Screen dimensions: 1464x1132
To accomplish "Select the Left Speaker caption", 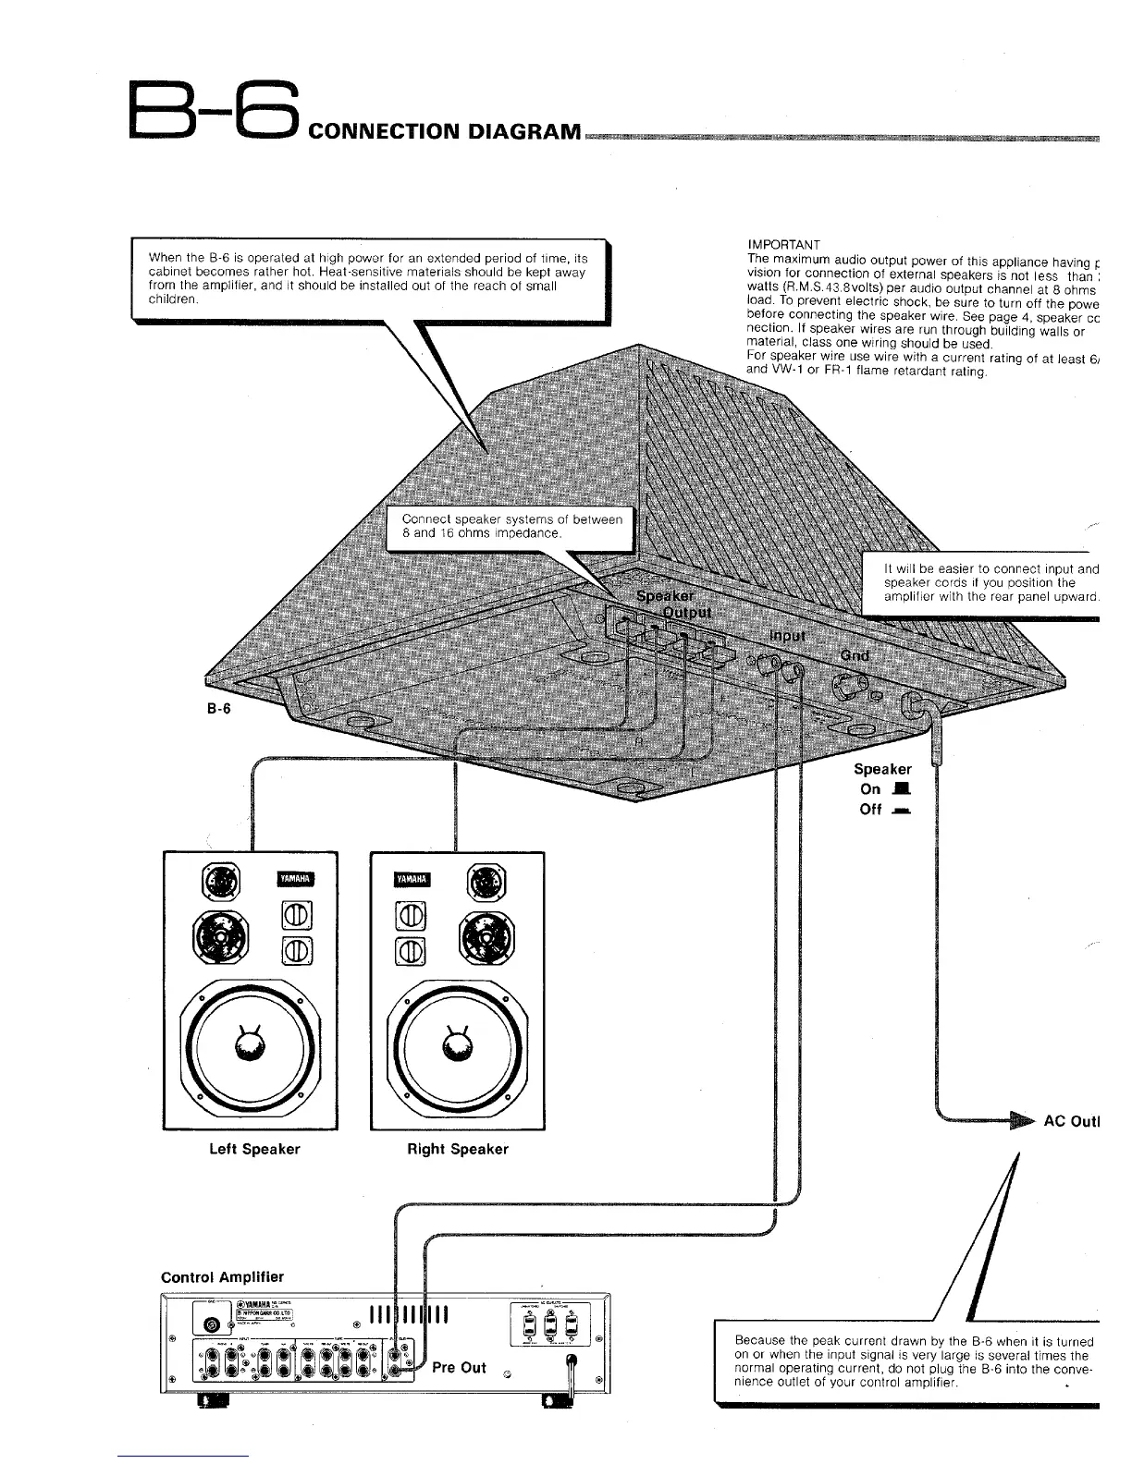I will tap(254, 1149).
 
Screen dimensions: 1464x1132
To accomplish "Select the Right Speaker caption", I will tap(458, 1149).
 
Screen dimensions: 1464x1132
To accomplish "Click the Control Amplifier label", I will tap(222, 1277).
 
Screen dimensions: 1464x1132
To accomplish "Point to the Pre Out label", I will tap(459, 1367).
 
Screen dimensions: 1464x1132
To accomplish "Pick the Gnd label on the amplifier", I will tap(855, 655).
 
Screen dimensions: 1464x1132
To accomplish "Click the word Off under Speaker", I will tap(870, 810).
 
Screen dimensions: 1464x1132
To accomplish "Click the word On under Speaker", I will tap(870, 788).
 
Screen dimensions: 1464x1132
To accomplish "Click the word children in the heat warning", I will tap(172, 299).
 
